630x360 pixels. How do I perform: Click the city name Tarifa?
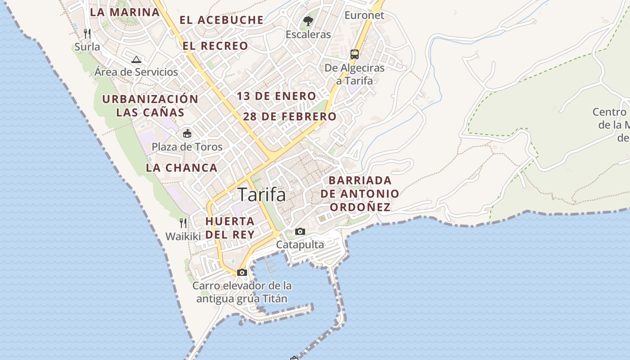click(x=261, y=195)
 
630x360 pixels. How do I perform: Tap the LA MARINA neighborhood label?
click(x=125, y=12)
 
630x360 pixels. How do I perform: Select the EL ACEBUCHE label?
click(x=221, y=20)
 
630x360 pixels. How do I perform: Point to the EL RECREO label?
click(x=215, y=45)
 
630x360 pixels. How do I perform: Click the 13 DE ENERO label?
click(x=276, y=96)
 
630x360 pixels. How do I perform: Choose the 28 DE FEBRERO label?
click(x=289, y=117)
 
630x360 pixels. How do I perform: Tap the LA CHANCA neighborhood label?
click(x=181, y=168)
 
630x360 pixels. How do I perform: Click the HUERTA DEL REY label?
click(x=230, y=228)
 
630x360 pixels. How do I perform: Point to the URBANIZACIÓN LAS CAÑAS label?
click(x=150, y=106)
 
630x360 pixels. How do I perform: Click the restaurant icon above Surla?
click(x=87, y=33)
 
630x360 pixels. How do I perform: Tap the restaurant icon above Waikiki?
click(x=183, y=223)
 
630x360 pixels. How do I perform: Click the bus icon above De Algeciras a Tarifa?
click(x=355, y=54)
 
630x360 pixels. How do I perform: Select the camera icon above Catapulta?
click(x=300, y=232)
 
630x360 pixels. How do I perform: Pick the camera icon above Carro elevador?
click(x=242, y=272)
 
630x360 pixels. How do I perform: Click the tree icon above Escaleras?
click(x=308, y=21)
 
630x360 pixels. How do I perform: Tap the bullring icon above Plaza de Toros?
click(x=187, y=133)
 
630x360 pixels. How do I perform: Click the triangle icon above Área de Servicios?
click(x=136, y=59)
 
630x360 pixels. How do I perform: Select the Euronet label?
click(x=364, y=15)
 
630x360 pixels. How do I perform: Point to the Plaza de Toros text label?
click(x=187, y=147)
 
